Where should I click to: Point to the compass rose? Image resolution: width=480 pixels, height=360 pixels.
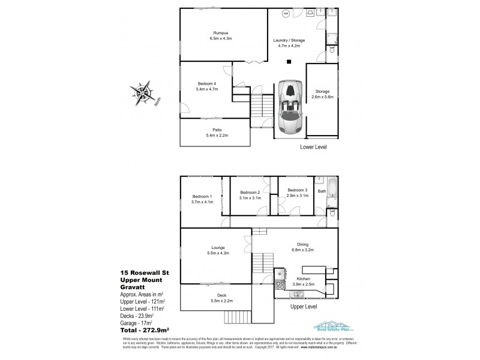144,93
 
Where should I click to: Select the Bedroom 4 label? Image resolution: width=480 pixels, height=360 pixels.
208,86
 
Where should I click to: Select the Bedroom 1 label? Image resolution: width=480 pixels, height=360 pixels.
202,200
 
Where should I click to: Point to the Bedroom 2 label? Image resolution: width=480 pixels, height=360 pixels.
249,193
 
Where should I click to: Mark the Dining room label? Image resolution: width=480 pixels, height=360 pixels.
302,246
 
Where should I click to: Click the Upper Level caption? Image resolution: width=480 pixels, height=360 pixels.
303,306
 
